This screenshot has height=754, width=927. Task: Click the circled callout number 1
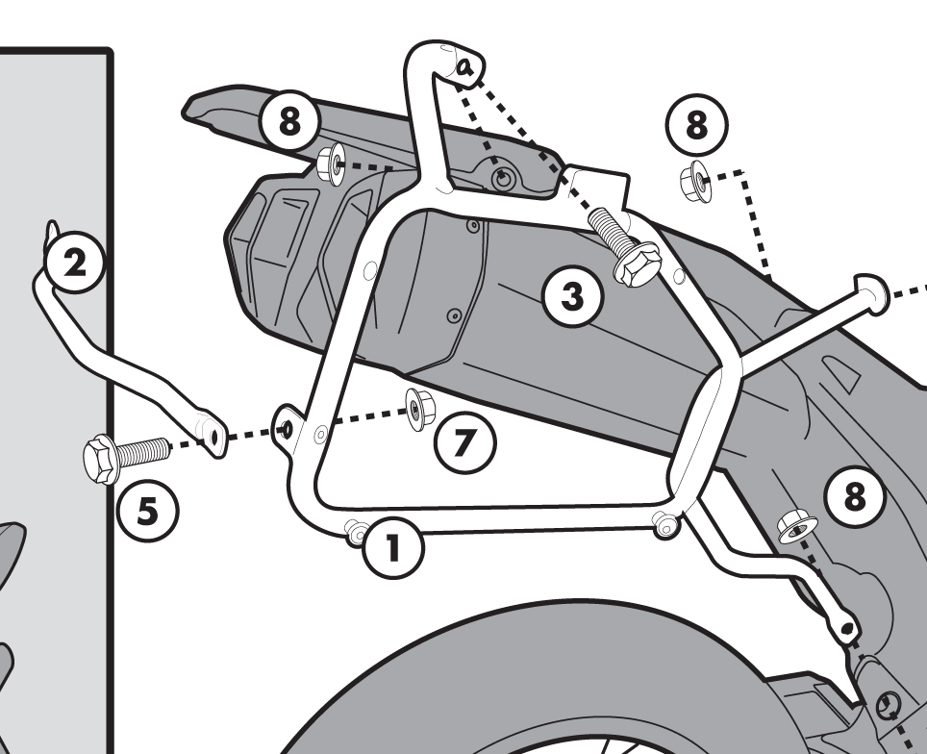tap(391, 547)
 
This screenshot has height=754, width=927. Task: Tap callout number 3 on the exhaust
tap(572, 296)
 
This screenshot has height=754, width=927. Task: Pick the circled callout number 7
tap(464, 443)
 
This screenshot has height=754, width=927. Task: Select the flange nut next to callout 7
tap(418, 408)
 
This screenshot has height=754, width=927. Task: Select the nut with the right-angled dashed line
tap(694, 178)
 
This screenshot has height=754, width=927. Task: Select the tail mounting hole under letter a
tap(502, 180)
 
